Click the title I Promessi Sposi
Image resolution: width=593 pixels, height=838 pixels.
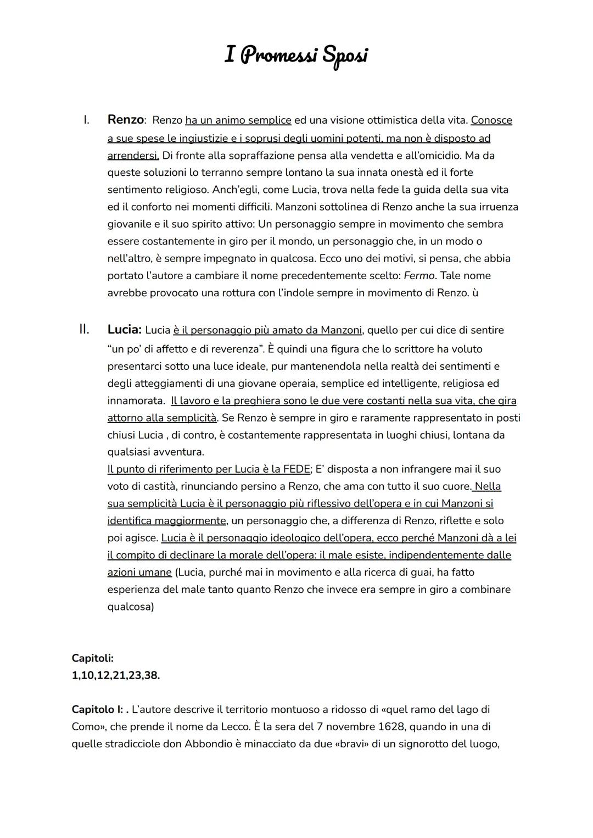click(x=296, y=56)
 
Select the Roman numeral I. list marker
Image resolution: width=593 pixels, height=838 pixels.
click(x=86, y=120)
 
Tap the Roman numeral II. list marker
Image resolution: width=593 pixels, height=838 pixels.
click(x=84, y=330)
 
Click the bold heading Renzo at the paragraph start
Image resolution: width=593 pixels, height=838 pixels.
click(x=125, y=120)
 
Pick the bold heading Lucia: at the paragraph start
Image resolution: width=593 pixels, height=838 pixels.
click(x=124, y=330)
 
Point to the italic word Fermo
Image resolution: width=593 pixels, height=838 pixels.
click(x=419, y=275)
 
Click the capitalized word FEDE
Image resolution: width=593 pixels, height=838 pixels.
click(x=296, y=469)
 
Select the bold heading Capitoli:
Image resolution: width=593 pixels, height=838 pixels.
click(x=92, y=658)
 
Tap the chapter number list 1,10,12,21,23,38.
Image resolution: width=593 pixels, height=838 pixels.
click(x=116, y=675)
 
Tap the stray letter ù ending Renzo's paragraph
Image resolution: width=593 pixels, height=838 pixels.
click(x=475, y=293)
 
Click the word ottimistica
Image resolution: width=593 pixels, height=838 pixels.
click(x=385, y=120)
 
